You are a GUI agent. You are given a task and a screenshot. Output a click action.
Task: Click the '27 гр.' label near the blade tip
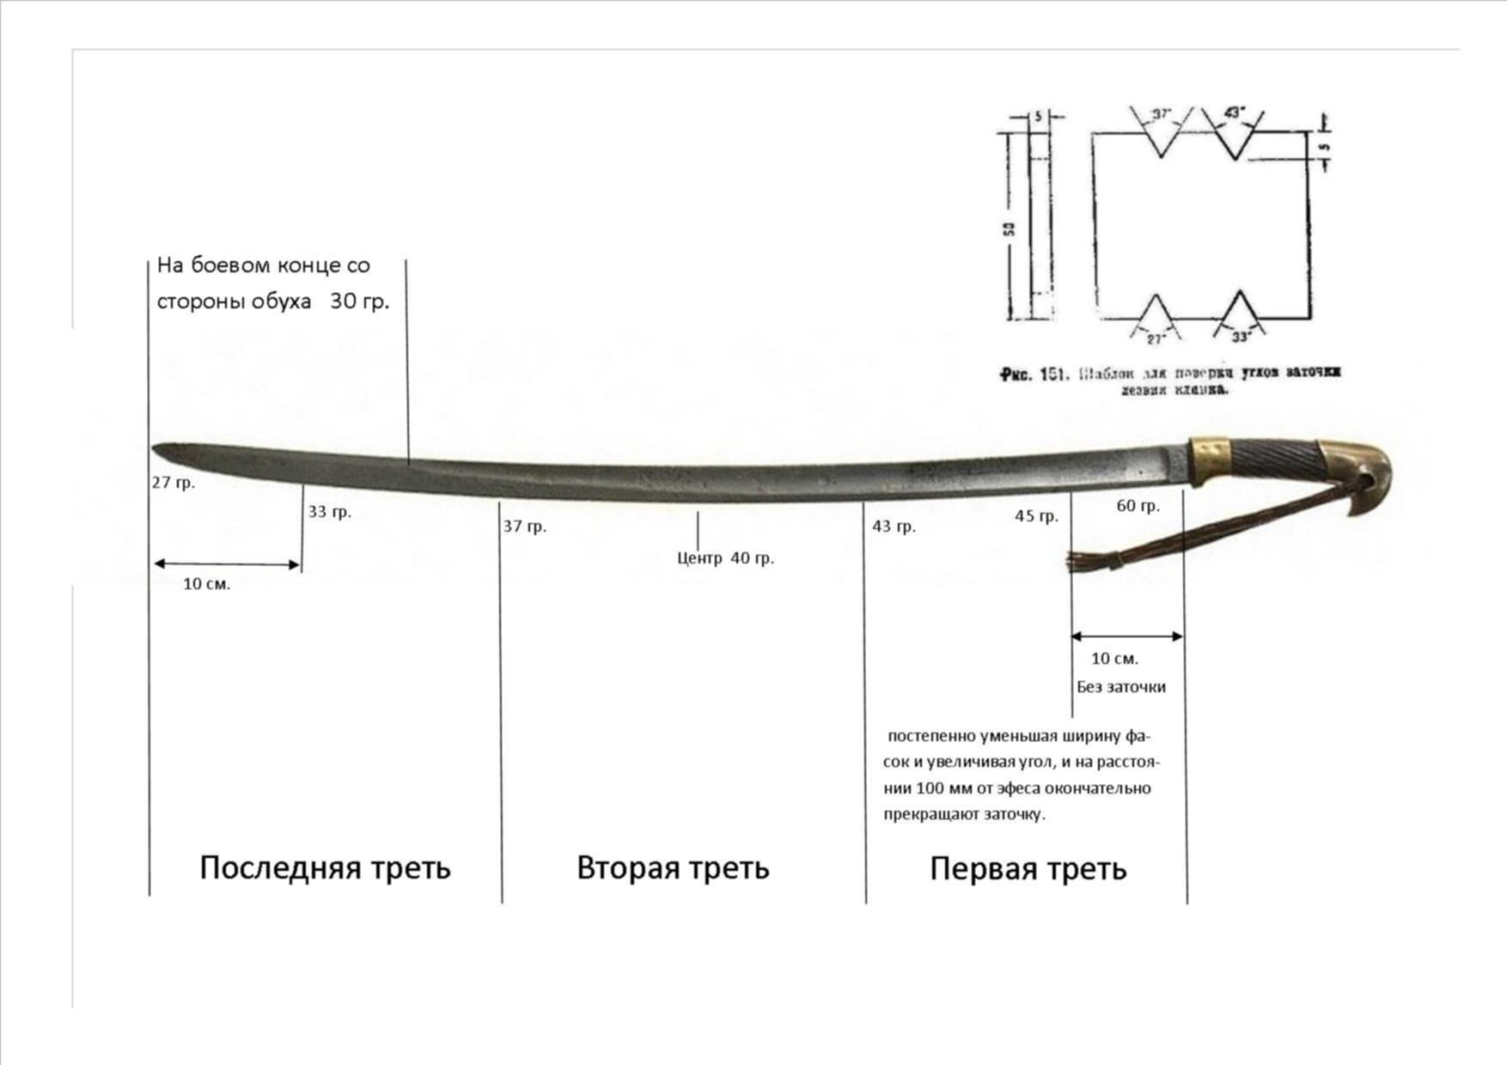coord(173,483)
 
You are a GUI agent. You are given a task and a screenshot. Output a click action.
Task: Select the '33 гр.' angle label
coord(330,512)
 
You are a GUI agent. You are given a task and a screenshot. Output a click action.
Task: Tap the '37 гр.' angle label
coord(524,526)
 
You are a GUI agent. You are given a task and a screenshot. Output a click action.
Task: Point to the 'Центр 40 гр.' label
coord(725,558)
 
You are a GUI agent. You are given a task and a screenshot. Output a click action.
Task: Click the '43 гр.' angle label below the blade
coord(894,526)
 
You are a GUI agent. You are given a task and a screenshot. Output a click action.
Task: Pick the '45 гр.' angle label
coord(1036,516)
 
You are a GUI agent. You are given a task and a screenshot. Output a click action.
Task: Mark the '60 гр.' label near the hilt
coord(1138,506)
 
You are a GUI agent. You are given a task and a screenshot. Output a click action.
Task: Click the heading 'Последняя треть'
coord(325,867)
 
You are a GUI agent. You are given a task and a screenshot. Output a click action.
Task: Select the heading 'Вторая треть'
coord(673,867)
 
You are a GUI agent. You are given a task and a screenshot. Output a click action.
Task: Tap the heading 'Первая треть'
coord(1028,869)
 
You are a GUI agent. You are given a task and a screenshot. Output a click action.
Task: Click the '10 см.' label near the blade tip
coord(206,584)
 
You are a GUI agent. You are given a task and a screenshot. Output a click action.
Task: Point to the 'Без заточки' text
coord(1120,687)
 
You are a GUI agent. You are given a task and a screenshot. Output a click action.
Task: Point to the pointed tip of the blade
coord(156,448)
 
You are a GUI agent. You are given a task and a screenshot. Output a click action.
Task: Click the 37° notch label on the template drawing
coord(1161,113)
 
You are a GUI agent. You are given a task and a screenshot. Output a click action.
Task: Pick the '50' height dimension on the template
coord(1009,229)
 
